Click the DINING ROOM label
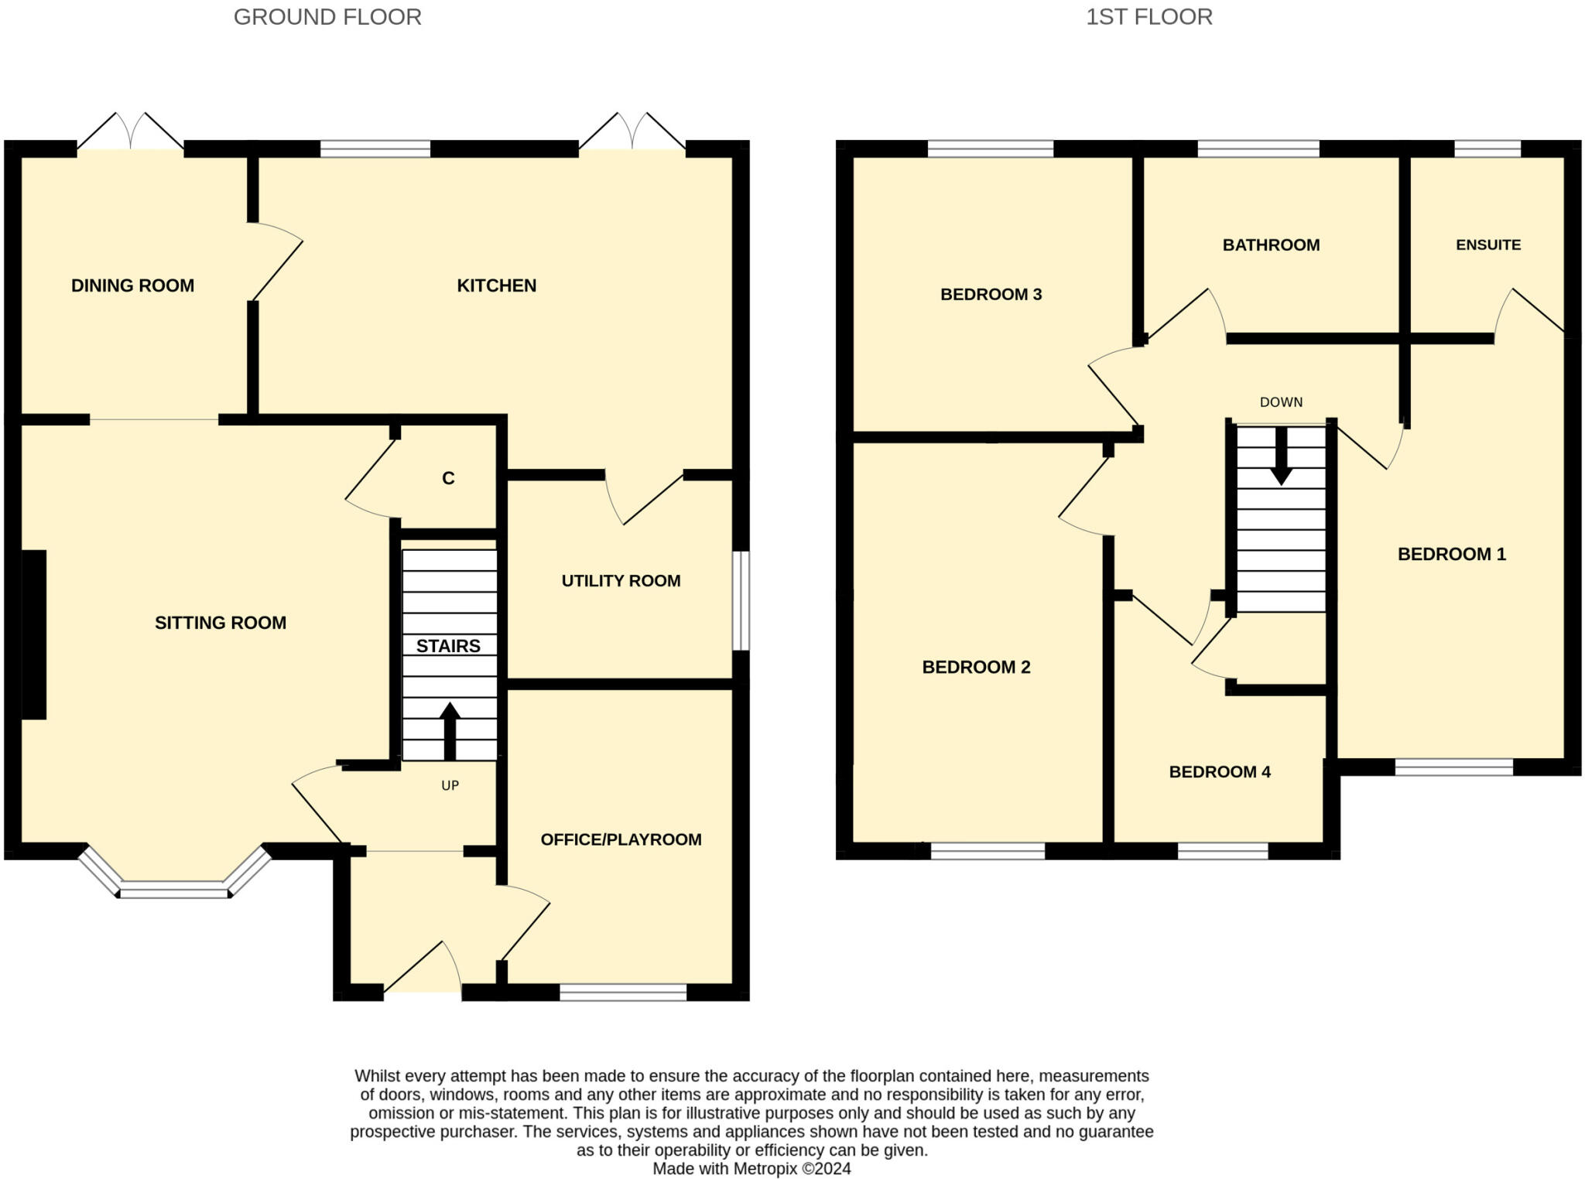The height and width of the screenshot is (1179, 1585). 132,285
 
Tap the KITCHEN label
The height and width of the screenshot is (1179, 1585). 496,285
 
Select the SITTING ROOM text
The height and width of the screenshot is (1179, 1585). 221,623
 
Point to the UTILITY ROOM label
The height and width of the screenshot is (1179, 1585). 621,581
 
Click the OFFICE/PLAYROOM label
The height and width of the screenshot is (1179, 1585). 621,839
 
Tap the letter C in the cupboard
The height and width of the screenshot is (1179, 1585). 448,478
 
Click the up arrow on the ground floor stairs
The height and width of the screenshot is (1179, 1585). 450,731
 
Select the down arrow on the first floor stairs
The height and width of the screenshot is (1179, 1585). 1281,456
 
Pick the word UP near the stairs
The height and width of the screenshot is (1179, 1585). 450,785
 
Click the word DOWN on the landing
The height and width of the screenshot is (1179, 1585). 1281,402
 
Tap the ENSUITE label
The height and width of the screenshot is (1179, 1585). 1488,245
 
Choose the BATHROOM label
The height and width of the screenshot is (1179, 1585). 1271,245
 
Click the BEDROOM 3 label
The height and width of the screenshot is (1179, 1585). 991,295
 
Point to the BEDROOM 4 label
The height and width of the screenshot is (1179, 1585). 1220,772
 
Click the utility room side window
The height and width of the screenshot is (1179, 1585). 741,600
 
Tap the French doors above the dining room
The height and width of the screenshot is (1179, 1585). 130,132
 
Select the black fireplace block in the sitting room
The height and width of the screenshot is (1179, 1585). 33,634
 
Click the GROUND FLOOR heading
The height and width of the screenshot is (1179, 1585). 327,17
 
